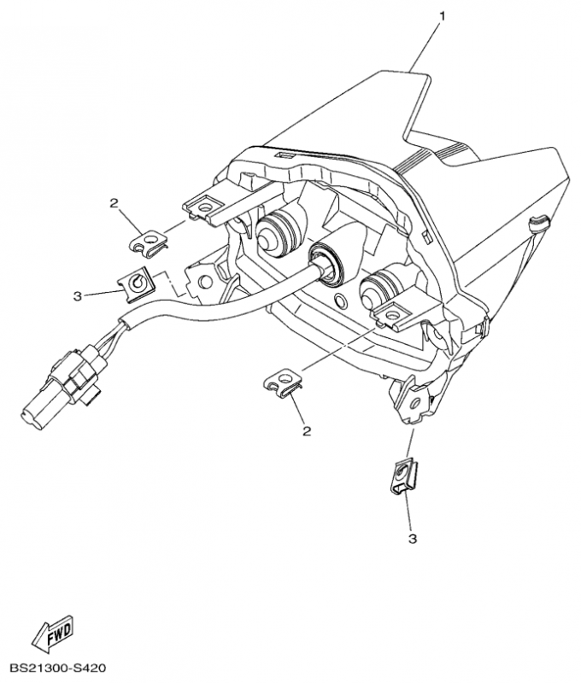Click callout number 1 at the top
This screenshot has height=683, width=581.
(x=443, y=17)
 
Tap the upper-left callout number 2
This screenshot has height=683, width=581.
(x=114, y=204)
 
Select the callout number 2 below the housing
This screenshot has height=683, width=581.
(x=308, y=431)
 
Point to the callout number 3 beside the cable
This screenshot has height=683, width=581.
(x=78, y=296)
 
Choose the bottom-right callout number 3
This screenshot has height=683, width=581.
(x=413, y=540)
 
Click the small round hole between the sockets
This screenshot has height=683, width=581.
(x=339, y=300)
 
